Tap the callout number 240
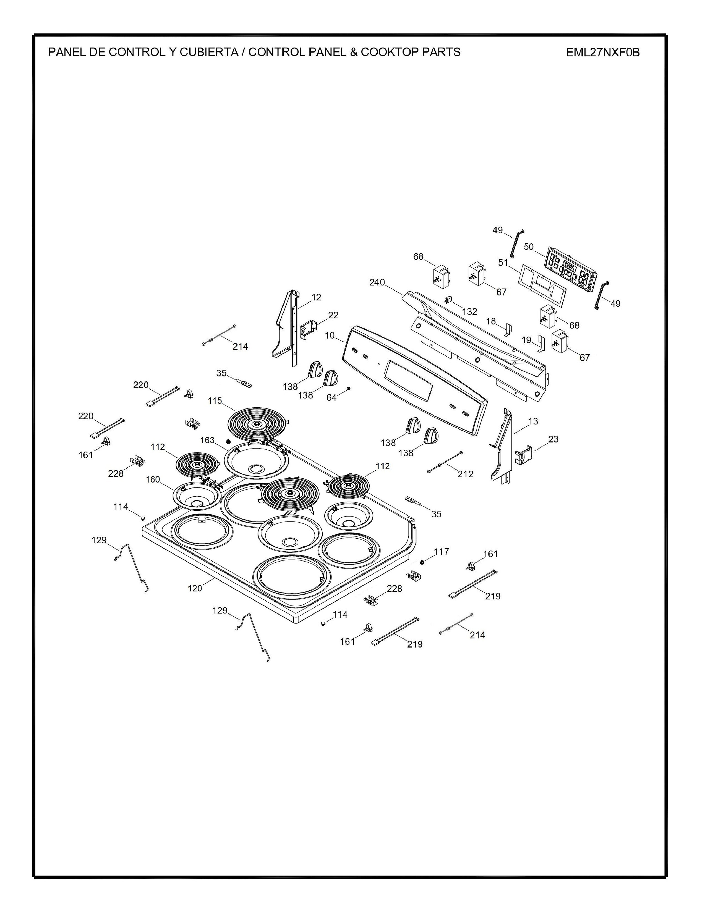(377, 283)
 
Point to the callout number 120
(195, 588)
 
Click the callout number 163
(207, 440)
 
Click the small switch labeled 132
(448, 299)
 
